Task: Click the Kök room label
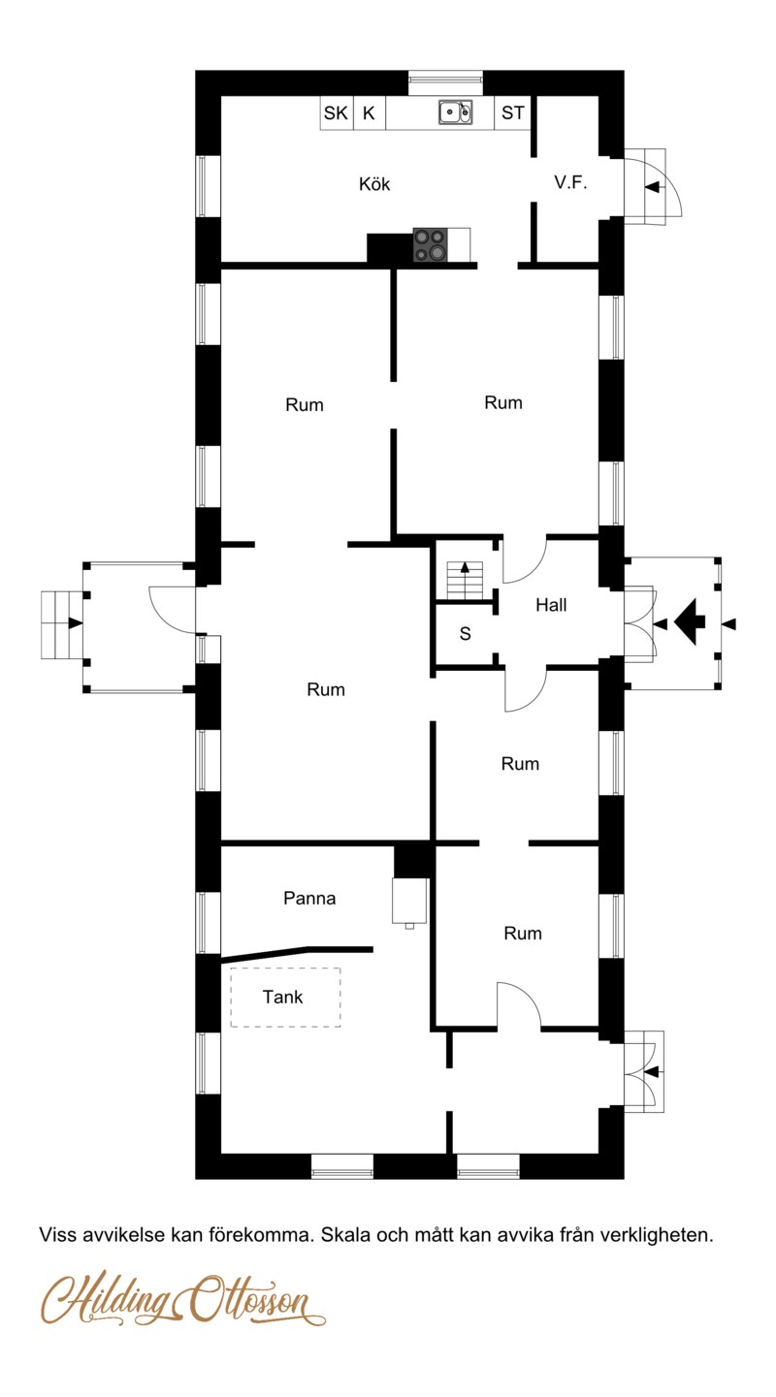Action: (x=374, y=184)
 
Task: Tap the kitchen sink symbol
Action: (x=455, y=112)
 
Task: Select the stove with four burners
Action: (x=431, y=244)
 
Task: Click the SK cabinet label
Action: (x=336, y=112)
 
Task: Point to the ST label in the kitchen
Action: (x=513, y=112)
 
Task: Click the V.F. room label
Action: (x=570, y=182)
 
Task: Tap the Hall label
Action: (x=551, y=604)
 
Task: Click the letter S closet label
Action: (x=465, y=634)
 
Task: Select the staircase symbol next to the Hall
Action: (x=465, y=580)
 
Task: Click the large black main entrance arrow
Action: (x=690, y=621)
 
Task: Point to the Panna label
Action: (x=309, y=898)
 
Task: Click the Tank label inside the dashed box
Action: (x=282, y=997)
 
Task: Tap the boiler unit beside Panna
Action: (x=409, y=902)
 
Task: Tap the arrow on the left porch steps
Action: (x=76, y=622)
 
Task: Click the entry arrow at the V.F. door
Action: (x=652, y=186)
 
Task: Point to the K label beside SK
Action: (x=369, y=112)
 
